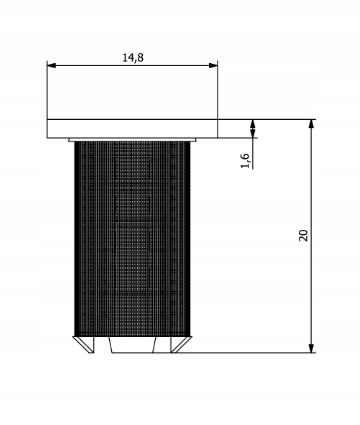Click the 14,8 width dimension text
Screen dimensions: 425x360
(x=133, y=57)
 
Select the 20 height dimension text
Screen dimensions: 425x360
(x=304, y=235)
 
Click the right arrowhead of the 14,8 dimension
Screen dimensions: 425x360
(x=212, y=66)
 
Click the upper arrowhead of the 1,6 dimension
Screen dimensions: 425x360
(x=253, y=125)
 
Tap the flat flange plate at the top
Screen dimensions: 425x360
(x=132, y=128)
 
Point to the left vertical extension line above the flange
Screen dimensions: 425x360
(x=47, y=90)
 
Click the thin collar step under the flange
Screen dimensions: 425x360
(x=132, y=139)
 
